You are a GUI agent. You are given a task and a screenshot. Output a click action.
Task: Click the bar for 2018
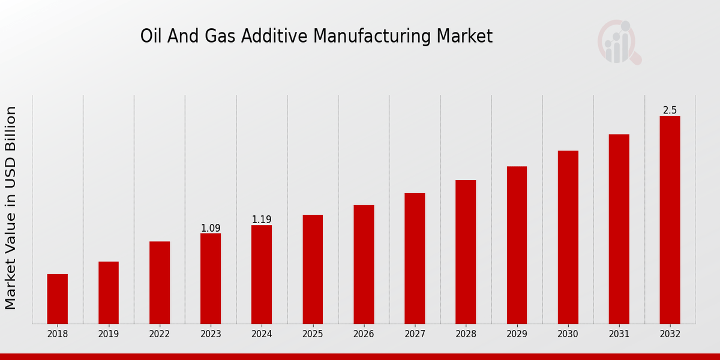[58, 299]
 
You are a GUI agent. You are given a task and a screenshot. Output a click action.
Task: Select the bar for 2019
[109, 293]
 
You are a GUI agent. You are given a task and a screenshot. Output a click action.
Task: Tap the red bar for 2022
[160, 283]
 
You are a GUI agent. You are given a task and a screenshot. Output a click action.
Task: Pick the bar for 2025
[313, 269]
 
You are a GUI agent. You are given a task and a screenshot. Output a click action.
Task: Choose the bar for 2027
[415, 259]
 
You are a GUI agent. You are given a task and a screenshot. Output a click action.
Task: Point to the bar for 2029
[517, 245]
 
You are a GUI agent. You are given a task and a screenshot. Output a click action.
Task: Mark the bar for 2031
[619, 229]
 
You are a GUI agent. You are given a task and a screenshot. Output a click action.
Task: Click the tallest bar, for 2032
[670, 220]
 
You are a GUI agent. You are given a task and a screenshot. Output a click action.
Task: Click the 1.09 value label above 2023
[211, 228]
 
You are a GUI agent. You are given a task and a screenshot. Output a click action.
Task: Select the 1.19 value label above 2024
[262, 220]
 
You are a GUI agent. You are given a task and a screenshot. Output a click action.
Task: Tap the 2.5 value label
[670, 110]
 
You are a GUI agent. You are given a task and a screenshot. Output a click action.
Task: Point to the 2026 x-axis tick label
[364, 334]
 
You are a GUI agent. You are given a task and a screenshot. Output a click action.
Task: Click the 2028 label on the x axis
[466, 334]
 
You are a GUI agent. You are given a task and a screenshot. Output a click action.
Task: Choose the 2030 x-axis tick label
[568, 334]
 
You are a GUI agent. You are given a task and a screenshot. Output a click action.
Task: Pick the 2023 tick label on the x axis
[211, 334]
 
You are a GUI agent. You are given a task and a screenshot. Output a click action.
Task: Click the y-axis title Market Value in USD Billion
[11, 208]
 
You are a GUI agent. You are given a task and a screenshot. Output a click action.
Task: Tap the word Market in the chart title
[464, 37]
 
